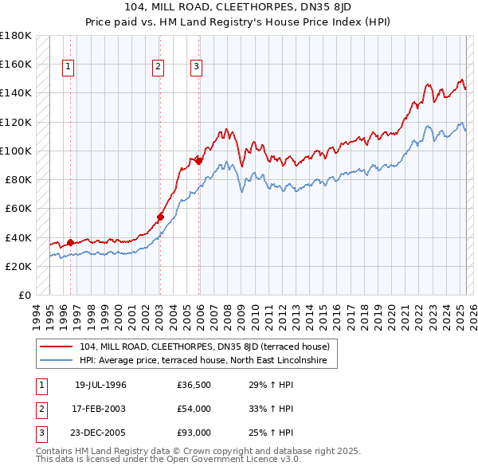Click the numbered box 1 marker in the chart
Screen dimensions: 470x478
coord(69,68)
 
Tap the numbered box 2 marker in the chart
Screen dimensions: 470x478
coord(159,68)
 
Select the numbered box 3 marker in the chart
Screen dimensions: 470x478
coord(196,68)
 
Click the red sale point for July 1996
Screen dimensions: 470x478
coord(70,242)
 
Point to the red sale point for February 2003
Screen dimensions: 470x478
coord(160,217)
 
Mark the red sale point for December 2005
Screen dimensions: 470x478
coord(199,161)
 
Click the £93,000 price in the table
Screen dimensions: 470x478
coord(194,433)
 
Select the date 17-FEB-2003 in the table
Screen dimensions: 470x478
coord(100,409)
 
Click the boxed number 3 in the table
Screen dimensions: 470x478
coord(39,433)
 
